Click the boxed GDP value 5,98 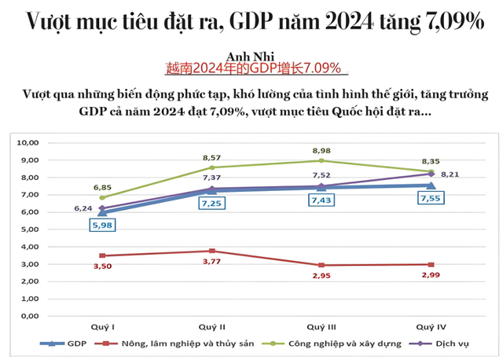tap(102, 225)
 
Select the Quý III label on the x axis tap(319, 325)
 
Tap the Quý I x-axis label tap(102, 325)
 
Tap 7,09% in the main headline tap(442, 21)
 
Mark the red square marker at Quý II tap(211, 251)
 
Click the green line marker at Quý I tap(102, 198)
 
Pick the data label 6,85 tap(102, 187)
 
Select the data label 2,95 tap(319, 277)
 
